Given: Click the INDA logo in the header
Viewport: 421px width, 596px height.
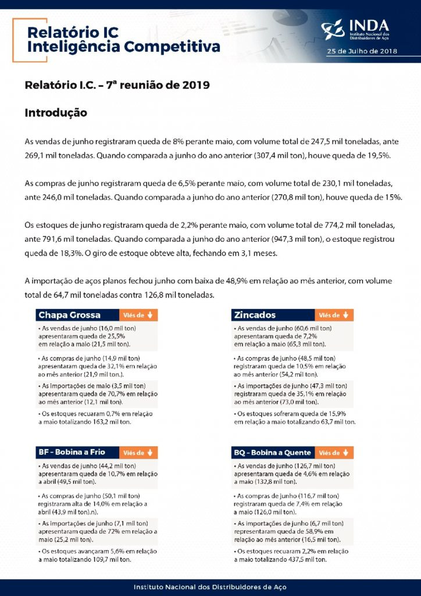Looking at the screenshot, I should pos(356,29).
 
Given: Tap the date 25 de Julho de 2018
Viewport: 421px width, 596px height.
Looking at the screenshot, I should pos(362,51).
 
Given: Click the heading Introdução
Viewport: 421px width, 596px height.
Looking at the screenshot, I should pos(56,112).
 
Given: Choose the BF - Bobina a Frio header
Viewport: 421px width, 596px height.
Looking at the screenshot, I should pos(76,452).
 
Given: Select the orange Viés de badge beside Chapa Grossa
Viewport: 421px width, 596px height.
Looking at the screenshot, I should pos(138,315).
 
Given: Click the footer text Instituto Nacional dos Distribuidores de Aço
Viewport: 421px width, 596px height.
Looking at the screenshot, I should pos(210,587).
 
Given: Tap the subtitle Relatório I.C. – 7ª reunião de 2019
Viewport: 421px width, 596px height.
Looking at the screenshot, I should pos(117,85).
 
